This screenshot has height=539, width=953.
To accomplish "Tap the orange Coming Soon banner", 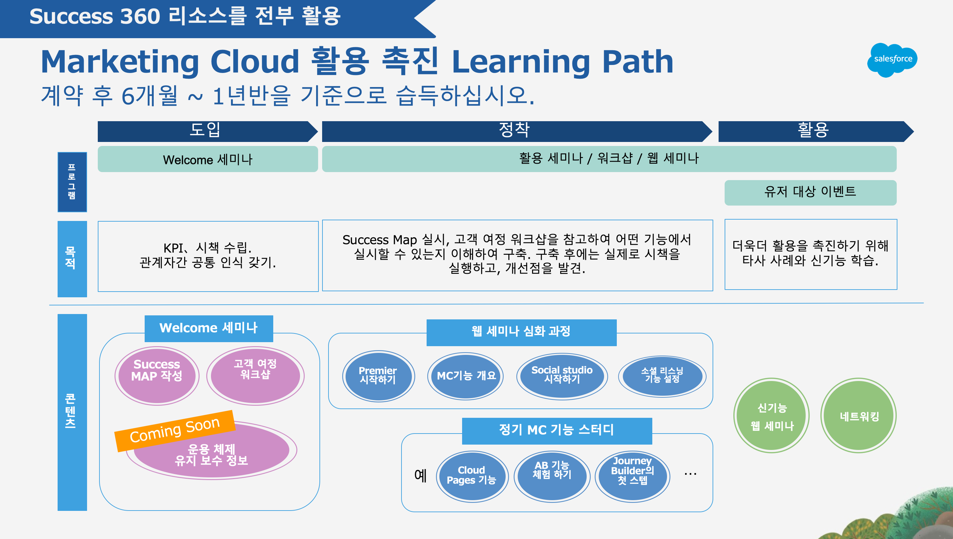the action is (x=175, y=431).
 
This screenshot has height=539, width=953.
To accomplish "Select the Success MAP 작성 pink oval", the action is (x=157, y=376).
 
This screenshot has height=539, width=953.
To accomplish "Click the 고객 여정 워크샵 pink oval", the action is (x=255, y=376).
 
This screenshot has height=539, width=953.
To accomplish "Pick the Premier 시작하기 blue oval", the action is (x=378, y=376).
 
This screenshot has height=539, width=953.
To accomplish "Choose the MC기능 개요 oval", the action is (x=465, y=376).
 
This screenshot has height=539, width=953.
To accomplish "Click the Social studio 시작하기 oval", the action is (x=562, y=376).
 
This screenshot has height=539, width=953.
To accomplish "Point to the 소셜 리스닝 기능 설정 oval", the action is (x=662, y=376).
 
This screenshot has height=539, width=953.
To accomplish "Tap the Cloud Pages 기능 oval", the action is (x=472, y=476).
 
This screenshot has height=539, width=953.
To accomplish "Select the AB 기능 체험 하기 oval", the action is (x=552, y=476).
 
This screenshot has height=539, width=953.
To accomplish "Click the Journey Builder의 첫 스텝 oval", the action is (x=632, y=476).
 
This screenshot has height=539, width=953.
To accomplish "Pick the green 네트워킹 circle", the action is (x=859, y=415).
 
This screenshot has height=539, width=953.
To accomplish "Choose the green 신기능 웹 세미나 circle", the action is (x=772, y=415).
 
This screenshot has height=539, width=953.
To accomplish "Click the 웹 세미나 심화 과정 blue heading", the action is (x=521, y=332).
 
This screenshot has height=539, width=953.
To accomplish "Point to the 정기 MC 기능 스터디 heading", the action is (x=557, y=431).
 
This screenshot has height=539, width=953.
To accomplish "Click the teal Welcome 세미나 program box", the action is (x=208, y=159).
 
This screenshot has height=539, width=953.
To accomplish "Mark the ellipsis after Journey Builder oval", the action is (x=690, y=474).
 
